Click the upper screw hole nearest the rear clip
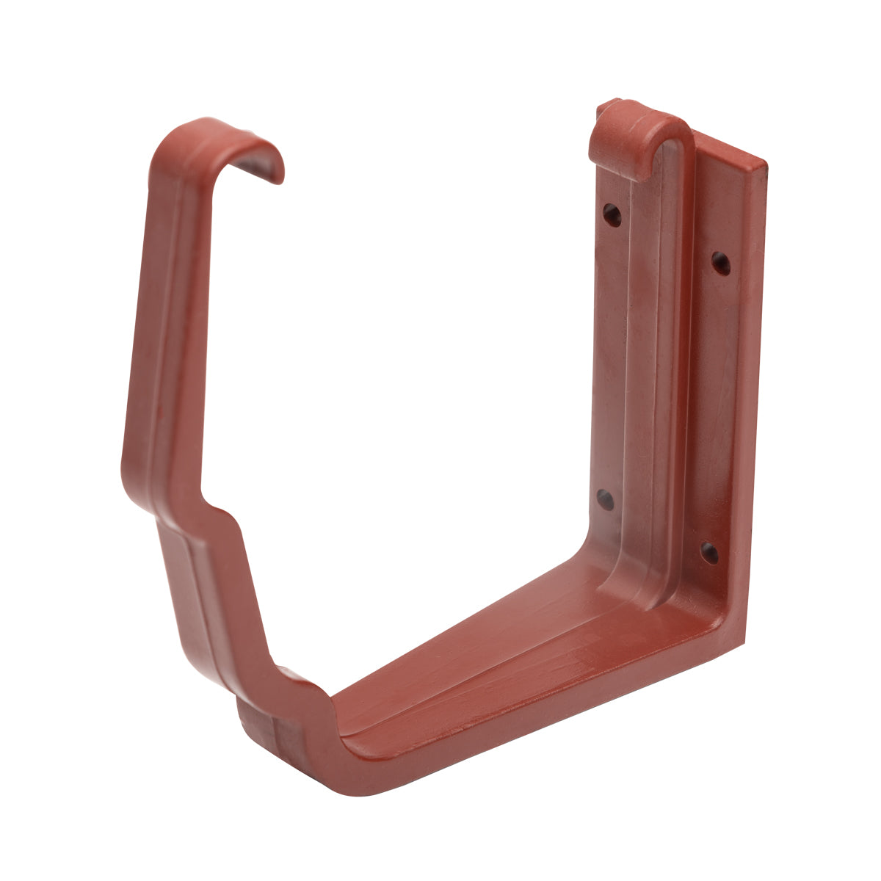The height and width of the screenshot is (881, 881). coord(612,214)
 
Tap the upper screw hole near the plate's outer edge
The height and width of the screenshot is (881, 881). coord(721,263)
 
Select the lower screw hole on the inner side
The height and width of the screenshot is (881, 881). coord(605,500)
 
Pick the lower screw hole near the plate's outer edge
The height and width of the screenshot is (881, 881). coord(709,552)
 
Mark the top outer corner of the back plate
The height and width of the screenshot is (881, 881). coord(764,162)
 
